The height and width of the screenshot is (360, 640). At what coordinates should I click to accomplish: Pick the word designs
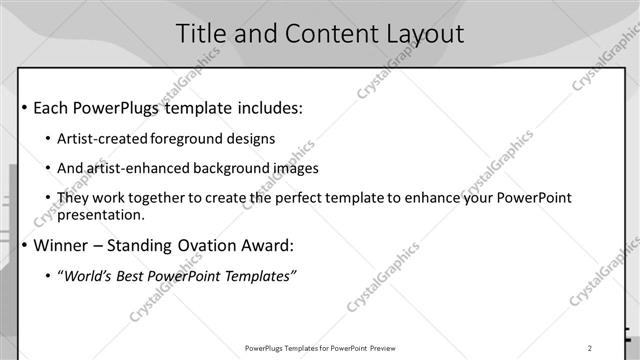click(249, 139)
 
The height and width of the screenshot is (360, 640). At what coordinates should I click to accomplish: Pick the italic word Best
click(135, 277)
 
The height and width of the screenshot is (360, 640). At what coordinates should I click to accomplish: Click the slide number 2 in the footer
click(590, 348)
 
